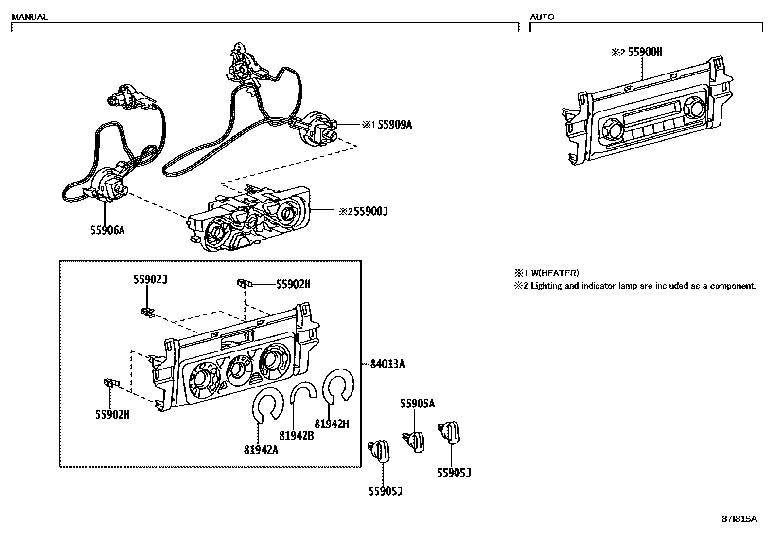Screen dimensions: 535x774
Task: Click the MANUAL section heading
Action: (29, 17)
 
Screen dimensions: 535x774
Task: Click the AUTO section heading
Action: (542, 17)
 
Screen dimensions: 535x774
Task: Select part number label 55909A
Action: (394, 125)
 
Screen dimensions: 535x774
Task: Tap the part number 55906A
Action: (107, 230)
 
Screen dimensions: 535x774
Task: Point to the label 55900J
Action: (370, 211)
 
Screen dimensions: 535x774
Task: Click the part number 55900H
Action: (645, 52)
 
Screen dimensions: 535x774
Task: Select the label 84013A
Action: (387, 364)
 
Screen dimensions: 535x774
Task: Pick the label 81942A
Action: (261, 450)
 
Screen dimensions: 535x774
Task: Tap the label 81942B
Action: (297, 436)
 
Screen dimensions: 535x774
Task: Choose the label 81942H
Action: (332, 424)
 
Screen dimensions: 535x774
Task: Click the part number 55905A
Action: (417, 403)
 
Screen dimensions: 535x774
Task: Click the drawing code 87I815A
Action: (739, 519)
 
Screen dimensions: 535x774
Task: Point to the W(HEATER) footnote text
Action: (554, 273)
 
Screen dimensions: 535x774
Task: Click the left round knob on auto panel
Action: (611, 130)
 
